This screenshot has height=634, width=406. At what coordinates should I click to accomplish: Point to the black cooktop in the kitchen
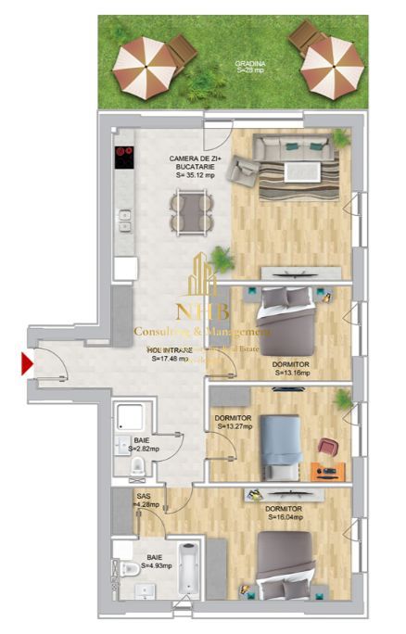pyautogui.click(x=124, y=158)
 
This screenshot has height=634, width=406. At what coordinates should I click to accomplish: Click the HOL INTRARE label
pyautogui.click(x=171, y=350)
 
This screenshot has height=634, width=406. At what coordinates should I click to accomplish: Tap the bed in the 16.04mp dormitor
pyautogui.click(x=283, y=562)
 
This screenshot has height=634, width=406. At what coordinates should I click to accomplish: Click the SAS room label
pyautogui.click(x=144, y=496)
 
